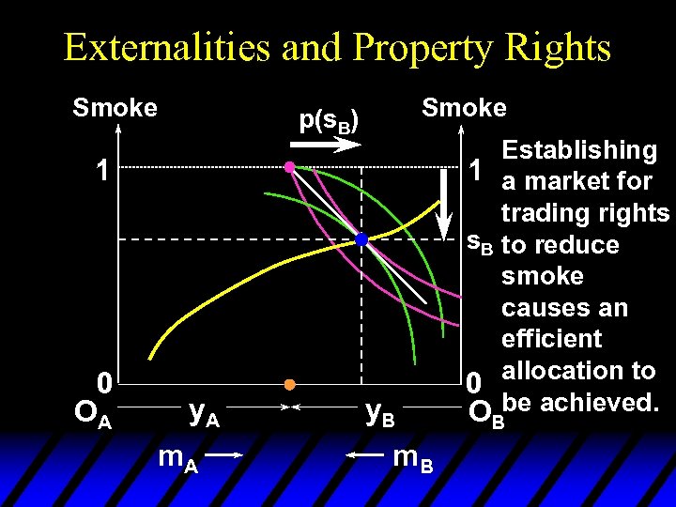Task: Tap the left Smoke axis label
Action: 115,109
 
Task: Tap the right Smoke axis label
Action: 464,108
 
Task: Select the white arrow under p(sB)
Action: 325,144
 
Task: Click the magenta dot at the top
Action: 290,167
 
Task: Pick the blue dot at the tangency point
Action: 361,239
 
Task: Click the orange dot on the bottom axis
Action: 290,384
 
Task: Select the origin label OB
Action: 485,413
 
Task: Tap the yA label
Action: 204,411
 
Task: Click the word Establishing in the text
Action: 579,150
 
